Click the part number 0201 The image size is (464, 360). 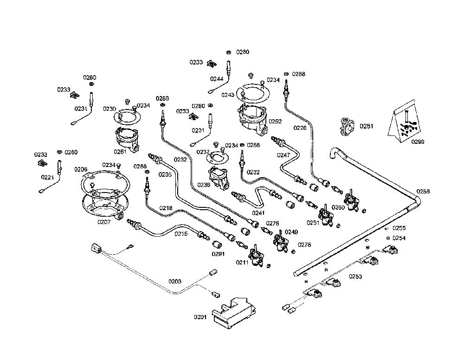coord(200,317)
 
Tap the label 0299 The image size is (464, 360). coord(418,141)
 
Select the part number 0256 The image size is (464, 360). coord(423,192)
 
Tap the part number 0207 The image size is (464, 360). coord(104,222)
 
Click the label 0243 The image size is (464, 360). coord(228,95)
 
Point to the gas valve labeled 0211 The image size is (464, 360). coord(256,255)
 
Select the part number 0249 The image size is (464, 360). coord(291,232)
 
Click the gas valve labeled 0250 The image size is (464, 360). coord(352,200)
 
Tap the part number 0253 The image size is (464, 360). coord(355,276)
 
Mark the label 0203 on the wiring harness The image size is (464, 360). coord(175,281)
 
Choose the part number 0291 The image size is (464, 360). coord(218,254)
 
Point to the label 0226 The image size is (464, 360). coord(300,128)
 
